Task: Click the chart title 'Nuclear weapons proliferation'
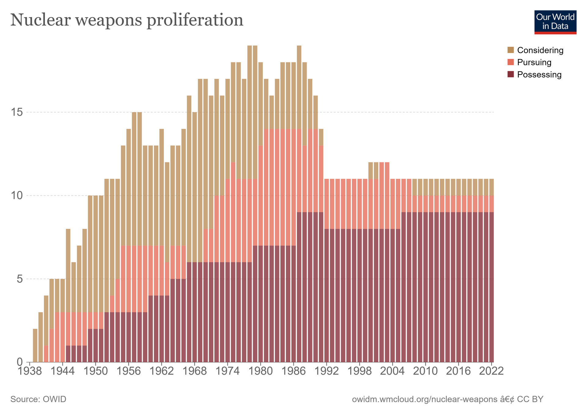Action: tap(127, 20)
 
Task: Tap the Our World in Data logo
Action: tap(555, 22)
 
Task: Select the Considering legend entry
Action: tap(535, 50)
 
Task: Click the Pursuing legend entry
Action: tap(530, 62)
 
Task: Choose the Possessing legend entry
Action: tap(534, 75)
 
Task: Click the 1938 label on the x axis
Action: tap(30, 371)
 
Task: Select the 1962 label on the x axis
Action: tap(161, 371)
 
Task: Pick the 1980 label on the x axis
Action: tap(260, 371)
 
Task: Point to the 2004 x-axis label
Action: tap(393, 371)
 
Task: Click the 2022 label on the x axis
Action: tap(491, 371)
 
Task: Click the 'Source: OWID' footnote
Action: tap(38, 399)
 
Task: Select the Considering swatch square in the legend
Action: tap(511, 50)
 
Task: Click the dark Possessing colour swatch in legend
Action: tap(511, 75)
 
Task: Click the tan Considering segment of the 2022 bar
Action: tap(491, 187)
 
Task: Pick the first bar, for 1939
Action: tap(35, 346)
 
